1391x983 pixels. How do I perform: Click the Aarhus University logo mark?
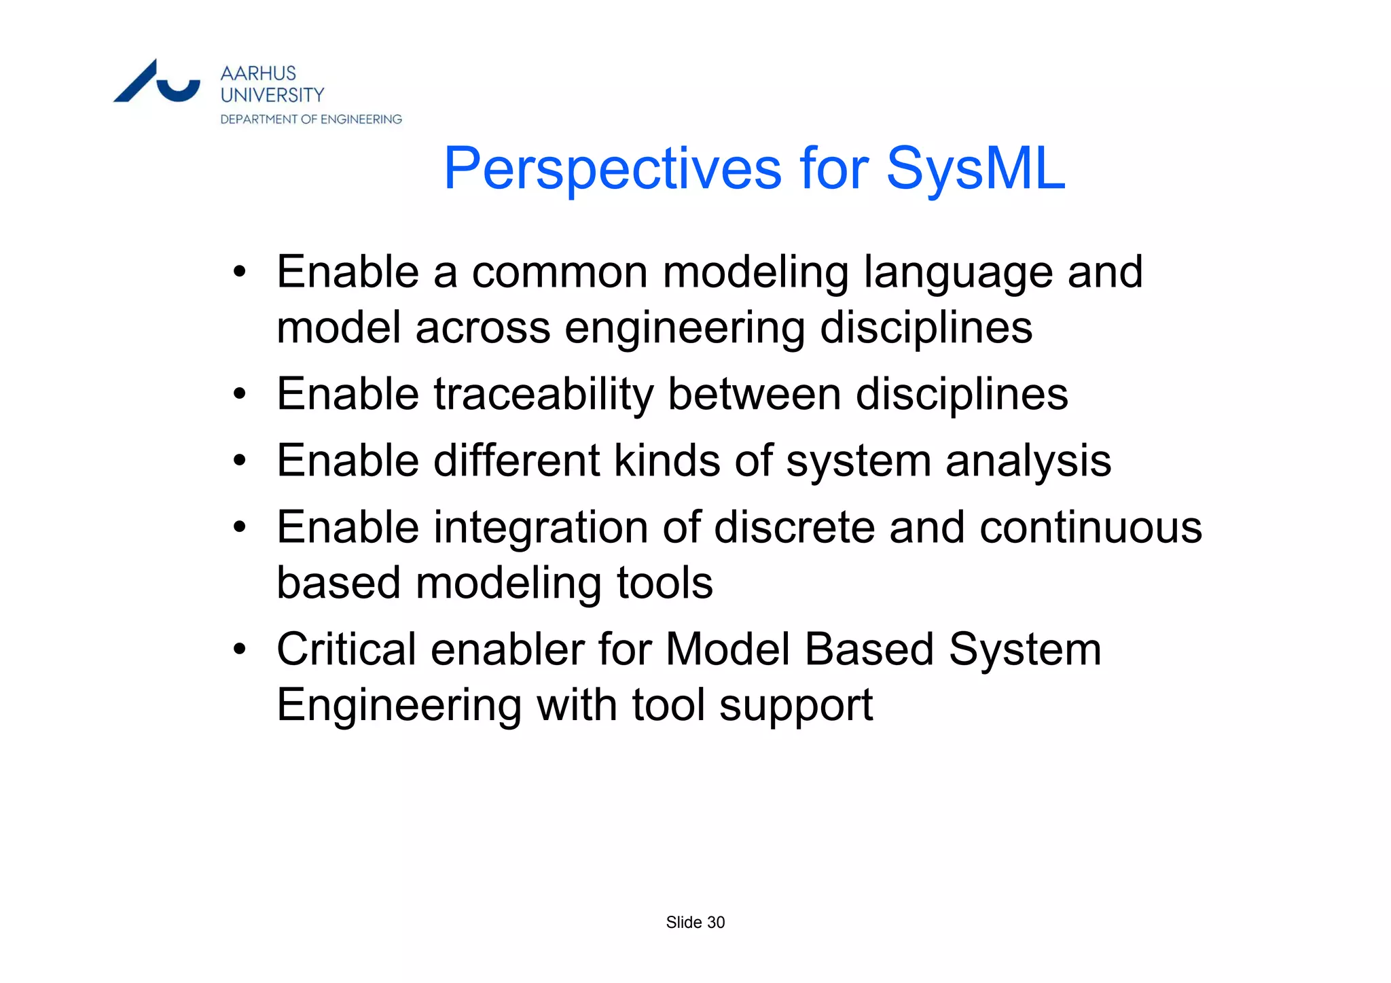click(x=157, y=82)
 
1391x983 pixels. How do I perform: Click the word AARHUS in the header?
click(x=258, y=73)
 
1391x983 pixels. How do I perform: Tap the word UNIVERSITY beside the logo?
click(x=272, y=95)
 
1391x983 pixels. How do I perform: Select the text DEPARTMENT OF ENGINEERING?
click(x=311, y=120)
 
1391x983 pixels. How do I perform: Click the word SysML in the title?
click(x=975, y=168)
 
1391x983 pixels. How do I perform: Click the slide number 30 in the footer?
click(x=716, y=923)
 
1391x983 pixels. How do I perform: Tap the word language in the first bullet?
click(x=958, y=273)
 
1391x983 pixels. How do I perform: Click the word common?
click(x=560, y=273)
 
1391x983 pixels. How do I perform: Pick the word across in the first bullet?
click(x=482, y=327)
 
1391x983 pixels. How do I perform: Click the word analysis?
click(x=1028, y=461)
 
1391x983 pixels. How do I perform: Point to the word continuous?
click(x=1090, y=528)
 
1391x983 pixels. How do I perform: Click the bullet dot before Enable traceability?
click(x=239, y=394)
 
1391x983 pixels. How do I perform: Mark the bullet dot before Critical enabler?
click(x=239, y=649)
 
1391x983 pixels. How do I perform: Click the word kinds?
click(x=667, y=461)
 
